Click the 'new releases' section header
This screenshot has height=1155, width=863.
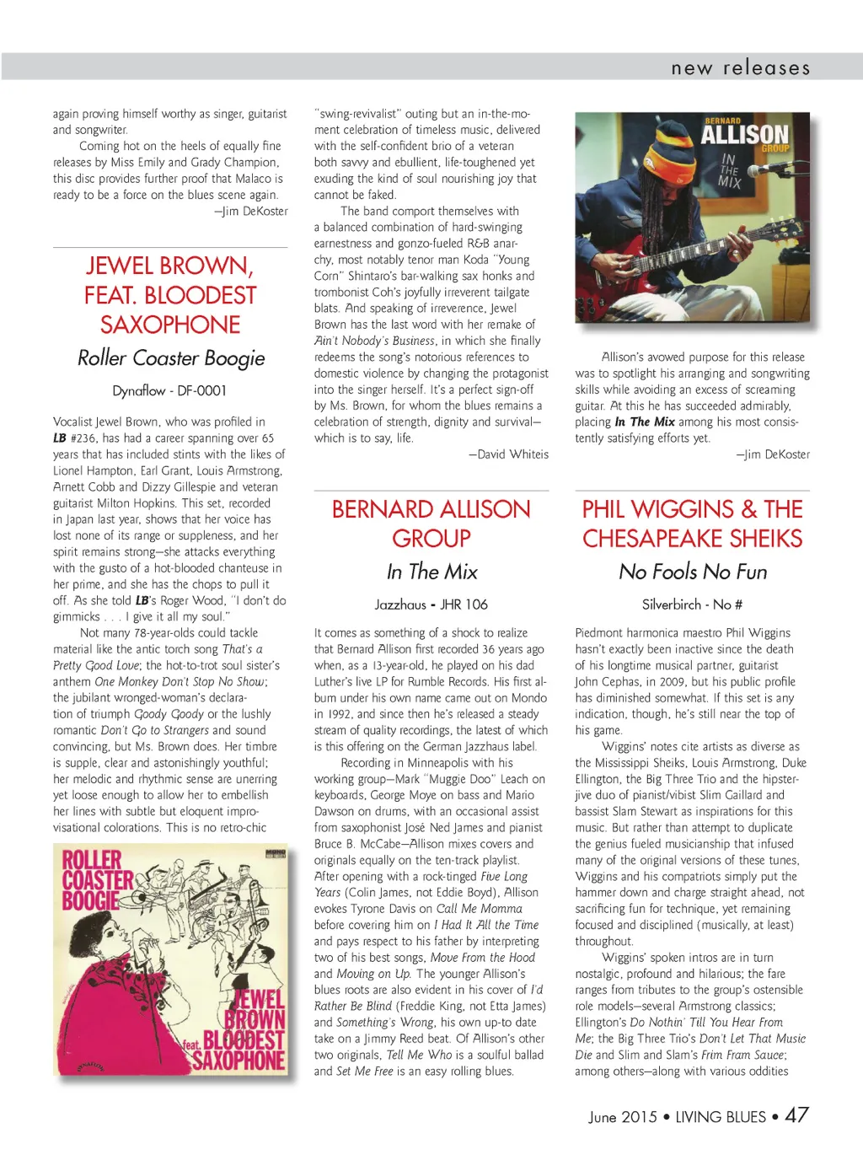pyautogui.click(x=740, y=67)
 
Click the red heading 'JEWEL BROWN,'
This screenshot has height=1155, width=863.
pyautogui.click(x=169, y=266)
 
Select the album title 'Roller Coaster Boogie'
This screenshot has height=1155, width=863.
pyautogui.click(x=171, y=358)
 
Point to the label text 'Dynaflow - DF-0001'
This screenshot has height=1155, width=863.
pyautogui.click(x=169, y=390)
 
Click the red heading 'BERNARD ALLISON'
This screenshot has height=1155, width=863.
pyautogui.click(x=431, y=509)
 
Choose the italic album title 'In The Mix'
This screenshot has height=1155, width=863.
pyautogui.click(x=431, y=572)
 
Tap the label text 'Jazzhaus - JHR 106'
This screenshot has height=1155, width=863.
pyautogui.click(x=431, y=604)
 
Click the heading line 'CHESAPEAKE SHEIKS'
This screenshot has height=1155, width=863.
pyautogui.click(x=692, y=539)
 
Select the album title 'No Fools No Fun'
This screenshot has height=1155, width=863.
pyautogui.click(x=692, y=572)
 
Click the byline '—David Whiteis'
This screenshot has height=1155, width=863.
pyautogui.click(x=508, y=454)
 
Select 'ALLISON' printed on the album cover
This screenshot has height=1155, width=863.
pyautogui.click(x=744, y=135)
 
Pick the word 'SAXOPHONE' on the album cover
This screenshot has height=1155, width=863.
pyautogui.click(x=239, y=1060)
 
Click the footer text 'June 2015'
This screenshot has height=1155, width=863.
pyautogui.click(x=622, y=1117)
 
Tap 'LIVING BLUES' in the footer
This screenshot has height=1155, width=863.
pyautogui.click(x=721, y=1117)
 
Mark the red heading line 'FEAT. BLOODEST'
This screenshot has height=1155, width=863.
pyautogui.click(x=169, y=296)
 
